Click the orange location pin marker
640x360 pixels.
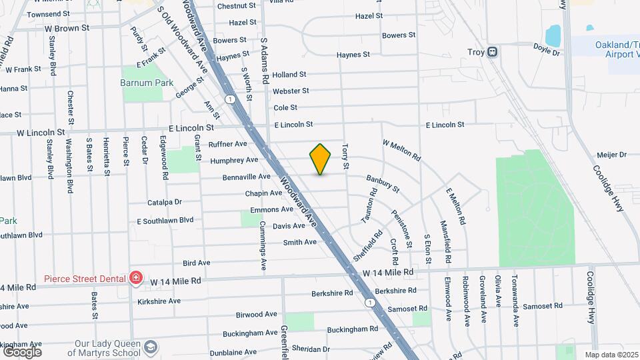[x=321, y=159]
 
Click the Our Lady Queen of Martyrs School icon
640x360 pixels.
[x=151, y=347]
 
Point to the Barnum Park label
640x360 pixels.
[x=147, y=83]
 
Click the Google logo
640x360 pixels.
[x=22, y=351]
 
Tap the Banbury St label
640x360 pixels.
[x=382, y=184]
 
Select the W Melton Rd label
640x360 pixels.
[x=401, y=151]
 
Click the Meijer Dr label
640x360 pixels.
[x=612, y=155]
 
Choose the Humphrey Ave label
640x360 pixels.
[x=234, y=160]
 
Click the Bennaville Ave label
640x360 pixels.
[x=245, y=177]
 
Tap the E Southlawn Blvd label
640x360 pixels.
[x=165, y=220]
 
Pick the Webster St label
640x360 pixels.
[x=291, y=91]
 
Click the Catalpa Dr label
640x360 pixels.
[x=164, y=202]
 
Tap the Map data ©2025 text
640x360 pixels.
[x=610, y=355]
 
